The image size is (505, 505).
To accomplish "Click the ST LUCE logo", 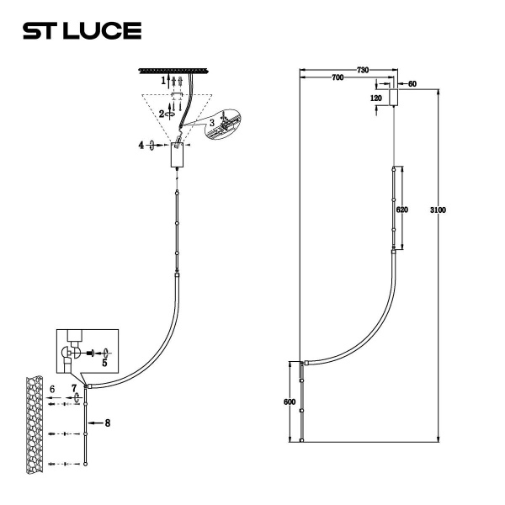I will pos(82,31).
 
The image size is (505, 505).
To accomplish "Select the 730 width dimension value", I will pos(363,69).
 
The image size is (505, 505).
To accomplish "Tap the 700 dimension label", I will pos(337,77).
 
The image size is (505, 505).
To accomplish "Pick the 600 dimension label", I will pos(290,402).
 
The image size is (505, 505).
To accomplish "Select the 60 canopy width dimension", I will pos(412,84).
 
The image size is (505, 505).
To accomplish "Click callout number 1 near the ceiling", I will pos(165,79).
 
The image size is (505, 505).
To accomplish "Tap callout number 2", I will pos(162,113).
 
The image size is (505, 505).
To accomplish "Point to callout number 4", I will pos(141,146).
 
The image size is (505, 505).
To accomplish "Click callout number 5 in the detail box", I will pos(104,364).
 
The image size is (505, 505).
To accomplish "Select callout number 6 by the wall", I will pos(52,390).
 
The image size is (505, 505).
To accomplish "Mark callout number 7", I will pos(74,389).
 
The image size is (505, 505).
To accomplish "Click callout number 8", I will pos(108,423).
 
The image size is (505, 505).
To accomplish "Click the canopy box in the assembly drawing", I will pos(177,155).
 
